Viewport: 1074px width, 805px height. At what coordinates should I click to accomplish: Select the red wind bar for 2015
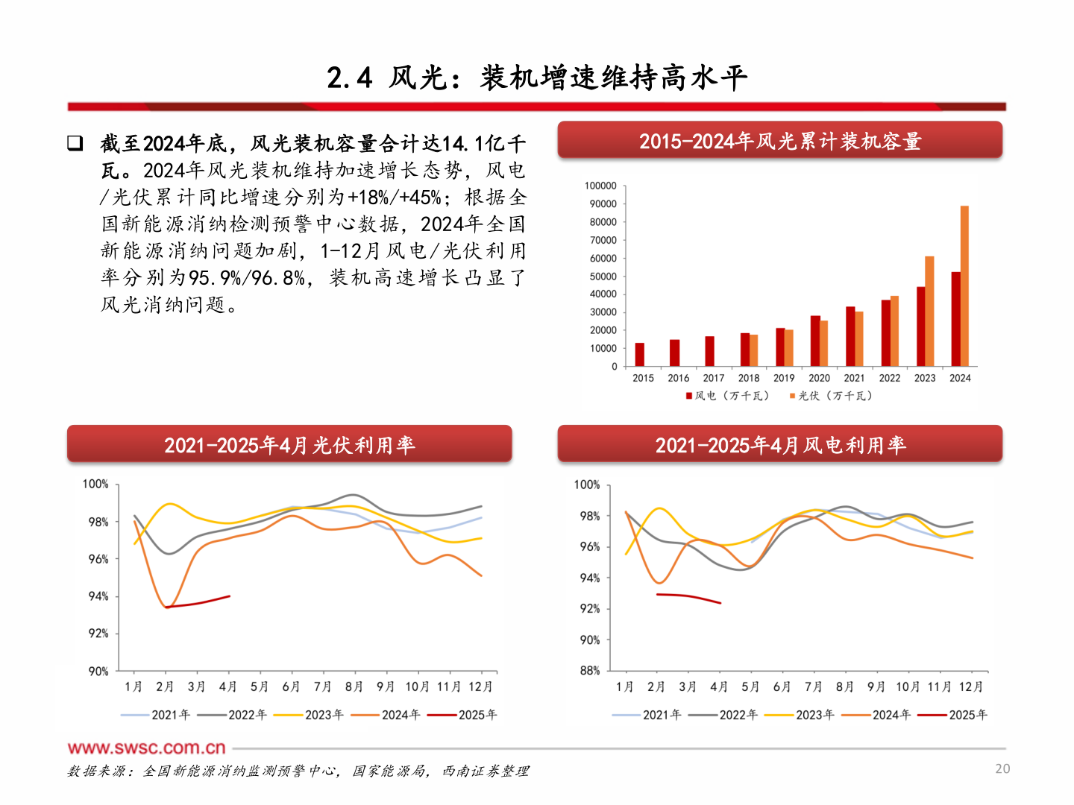click(x=639, y=355)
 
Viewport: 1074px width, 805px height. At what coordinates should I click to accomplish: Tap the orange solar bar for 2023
click(x=929, y=312)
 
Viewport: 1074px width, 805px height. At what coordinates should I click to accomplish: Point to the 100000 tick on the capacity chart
click(x=600, y=186)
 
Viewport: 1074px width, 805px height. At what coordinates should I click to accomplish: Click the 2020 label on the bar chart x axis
click(x=819, y=378)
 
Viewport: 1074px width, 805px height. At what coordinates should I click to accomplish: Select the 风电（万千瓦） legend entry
click(x=727, y=396)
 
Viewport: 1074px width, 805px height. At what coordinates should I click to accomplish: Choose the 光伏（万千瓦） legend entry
click(x=831, y=396)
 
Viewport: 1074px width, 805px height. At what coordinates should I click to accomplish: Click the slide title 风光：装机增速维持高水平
click(x=537, y=78)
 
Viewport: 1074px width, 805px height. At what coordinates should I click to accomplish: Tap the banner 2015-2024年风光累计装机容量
click(x=779, y=141)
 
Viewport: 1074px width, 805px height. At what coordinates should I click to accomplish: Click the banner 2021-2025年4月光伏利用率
click(x=289, y=445)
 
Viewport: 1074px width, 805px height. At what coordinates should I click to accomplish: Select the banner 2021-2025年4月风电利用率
click(x=779, y=445)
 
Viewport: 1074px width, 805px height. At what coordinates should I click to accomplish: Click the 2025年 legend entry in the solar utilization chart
click(x=467, y=715)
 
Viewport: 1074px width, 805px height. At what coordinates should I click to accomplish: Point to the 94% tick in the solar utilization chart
click(x=98, y=596)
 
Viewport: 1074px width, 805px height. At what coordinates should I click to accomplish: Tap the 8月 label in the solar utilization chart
click(x=354, y=686)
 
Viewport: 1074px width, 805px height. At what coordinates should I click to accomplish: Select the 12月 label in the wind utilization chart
click(x=970, y=686)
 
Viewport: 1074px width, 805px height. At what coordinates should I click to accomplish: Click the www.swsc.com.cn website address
click(x=146, y=748)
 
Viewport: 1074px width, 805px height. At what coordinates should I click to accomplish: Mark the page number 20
click(x=1002, y=768)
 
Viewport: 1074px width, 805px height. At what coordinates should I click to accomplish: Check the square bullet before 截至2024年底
click(x=75, y=143)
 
